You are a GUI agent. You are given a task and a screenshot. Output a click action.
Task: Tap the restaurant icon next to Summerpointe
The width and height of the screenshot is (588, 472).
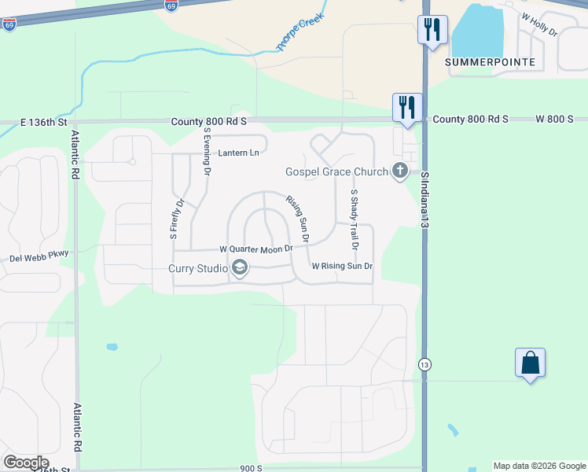pyautogui.click(x=432, y=30)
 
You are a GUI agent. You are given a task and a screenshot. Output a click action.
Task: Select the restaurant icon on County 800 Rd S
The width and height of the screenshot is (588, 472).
pyautogui.click(x=407, y=108)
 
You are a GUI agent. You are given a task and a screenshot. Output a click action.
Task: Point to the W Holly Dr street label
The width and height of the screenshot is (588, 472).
pyautogui.click(x=538, y=26)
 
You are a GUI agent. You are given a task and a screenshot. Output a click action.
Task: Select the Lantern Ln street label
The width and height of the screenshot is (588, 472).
pyautogui.click(x=239, y=153)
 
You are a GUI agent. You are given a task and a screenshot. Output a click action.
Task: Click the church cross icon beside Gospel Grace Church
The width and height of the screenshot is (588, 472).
pyautogui.click(x=400, y=171)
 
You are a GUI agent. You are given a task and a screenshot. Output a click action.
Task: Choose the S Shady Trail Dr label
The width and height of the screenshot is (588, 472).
pyautogui.click(x=355, y=219)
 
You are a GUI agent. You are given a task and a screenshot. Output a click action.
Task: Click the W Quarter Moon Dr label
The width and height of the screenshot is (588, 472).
pyautogui.click(x=255, y=249)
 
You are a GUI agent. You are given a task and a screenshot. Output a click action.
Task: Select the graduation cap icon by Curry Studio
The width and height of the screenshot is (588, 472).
pyautogui.click(x=240, y=270)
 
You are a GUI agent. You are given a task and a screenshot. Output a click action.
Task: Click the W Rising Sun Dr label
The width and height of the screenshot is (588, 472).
pyautogui.click(x=341, y=266)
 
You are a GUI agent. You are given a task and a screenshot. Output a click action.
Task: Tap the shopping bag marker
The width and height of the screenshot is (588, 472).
pyautogui.click(x=531, y=363)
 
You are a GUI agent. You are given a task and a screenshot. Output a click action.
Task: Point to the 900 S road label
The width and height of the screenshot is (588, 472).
pyautogui.click(x=251, y=468)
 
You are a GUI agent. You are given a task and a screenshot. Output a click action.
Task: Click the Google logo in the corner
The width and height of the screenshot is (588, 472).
pyautogui.click(x=26, y=463)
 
